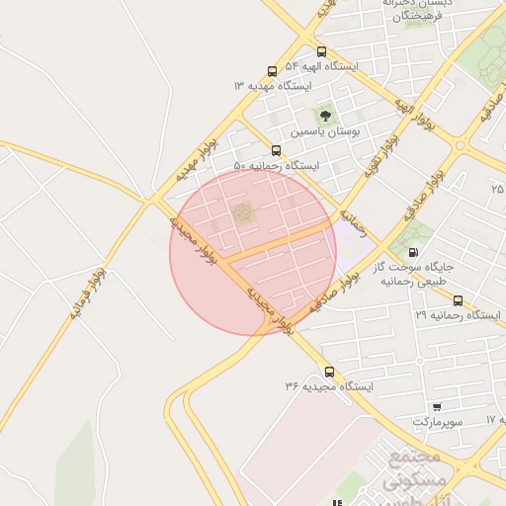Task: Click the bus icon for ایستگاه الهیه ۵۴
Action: click(x=321, y=52)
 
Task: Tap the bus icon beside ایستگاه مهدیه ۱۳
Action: click(x=272, y=72)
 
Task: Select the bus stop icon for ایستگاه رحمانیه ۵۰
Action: click(x=276, y=151)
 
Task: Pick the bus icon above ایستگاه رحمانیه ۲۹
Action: click(x=458, y=300)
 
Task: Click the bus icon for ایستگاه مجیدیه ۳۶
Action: click(x=329, y=373)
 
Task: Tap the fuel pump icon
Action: click(x=412, y=252)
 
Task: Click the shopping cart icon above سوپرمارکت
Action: click(x=437, y=406)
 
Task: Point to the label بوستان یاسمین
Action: click(x=324, y=130)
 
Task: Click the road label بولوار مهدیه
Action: click(x=195, y=157)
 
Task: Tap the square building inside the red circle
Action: click(x=243, y=212)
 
